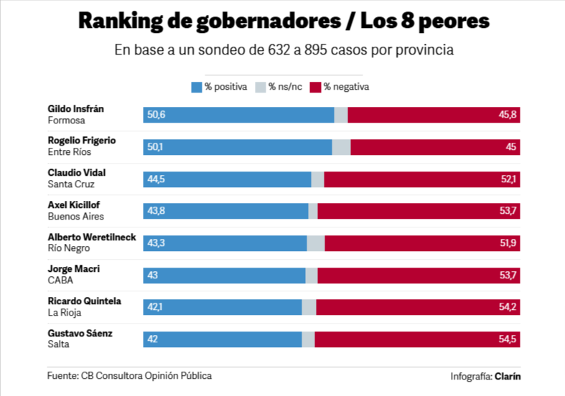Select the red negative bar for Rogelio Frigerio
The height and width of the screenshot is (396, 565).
(x=435, y=147)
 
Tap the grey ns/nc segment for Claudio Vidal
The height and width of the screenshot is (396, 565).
(x=317, y=179)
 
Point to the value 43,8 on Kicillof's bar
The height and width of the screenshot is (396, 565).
(x=156, y=211)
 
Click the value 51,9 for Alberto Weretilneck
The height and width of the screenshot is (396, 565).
(x=508, y=243)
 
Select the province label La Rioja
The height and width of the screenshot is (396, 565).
(x=64, y=313)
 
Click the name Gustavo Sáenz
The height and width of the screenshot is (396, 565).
(x=80, y=334)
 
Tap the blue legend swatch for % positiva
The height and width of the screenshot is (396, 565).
(x=196, y=87)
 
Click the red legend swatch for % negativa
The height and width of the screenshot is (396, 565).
(x=314, y=87)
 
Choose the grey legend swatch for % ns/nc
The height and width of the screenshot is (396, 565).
(x=260, y=87)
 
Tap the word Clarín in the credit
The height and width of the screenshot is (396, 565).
(x=508, y=376)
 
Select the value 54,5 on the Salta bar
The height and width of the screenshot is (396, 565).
(x=508, y=339)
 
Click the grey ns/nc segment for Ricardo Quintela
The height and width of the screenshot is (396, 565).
(x=309, y=307)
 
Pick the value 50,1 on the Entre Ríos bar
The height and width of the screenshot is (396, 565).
(x=156, y=147)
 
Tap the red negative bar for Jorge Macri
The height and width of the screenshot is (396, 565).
(x=419, y=275)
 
